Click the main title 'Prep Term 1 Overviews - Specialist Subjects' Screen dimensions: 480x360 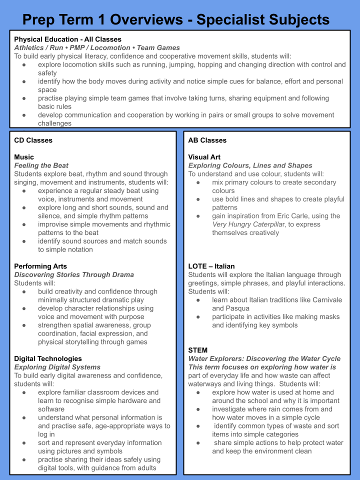[176, 19]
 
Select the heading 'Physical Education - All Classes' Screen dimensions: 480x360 [67, 39]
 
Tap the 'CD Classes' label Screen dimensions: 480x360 [33, 140]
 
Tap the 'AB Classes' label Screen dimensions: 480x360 [207, 140]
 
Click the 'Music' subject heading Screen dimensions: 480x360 [24, 157]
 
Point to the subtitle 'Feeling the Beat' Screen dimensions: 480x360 [41, 165]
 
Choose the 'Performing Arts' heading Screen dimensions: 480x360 [40, 266]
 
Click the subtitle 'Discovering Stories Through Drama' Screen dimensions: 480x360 [74, 274]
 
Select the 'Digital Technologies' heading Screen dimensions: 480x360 [48, 358]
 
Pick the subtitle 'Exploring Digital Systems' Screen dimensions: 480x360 [57, 367]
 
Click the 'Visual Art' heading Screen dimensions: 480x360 [204, 157]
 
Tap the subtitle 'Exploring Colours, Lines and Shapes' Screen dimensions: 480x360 [250, 165]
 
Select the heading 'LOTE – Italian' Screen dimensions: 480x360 [211, 266]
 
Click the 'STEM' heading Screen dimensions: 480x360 [197, 350]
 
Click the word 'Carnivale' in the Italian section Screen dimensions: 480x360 [324, 300]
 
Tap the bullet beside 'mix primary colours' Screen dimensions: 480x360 [198, 182]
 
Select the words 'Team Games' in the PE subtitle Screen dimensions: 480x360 [158, 47]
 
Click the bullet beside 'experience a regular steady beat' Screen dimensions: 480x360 [24, 191]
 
